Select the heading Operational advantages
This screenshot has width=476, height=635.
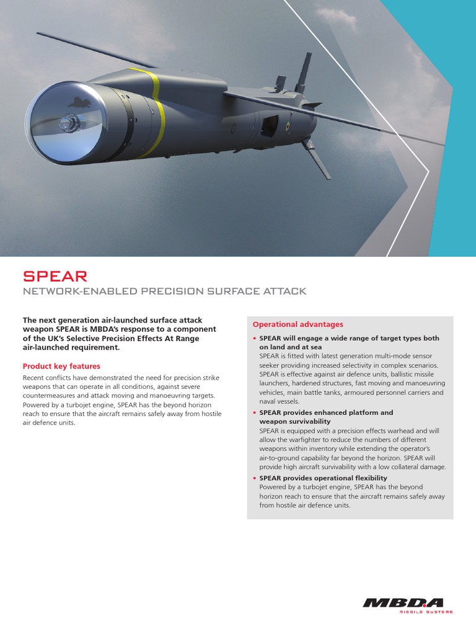coord(297,324)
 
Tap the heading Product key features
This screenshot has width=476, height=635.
coord(61,366)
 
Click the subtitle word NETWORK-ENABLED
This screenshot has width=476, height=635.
coord(76,291)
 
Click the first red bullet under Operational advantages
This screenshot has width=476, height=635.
coord(255,339)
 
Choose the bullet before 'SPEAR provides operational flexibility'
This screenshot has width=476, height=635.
coord(255,478)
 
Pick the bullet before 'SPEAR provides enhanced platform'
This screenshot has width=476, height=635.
coord(255,412)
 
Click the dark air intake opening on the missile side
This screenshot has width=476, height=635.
coord(269,127)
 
